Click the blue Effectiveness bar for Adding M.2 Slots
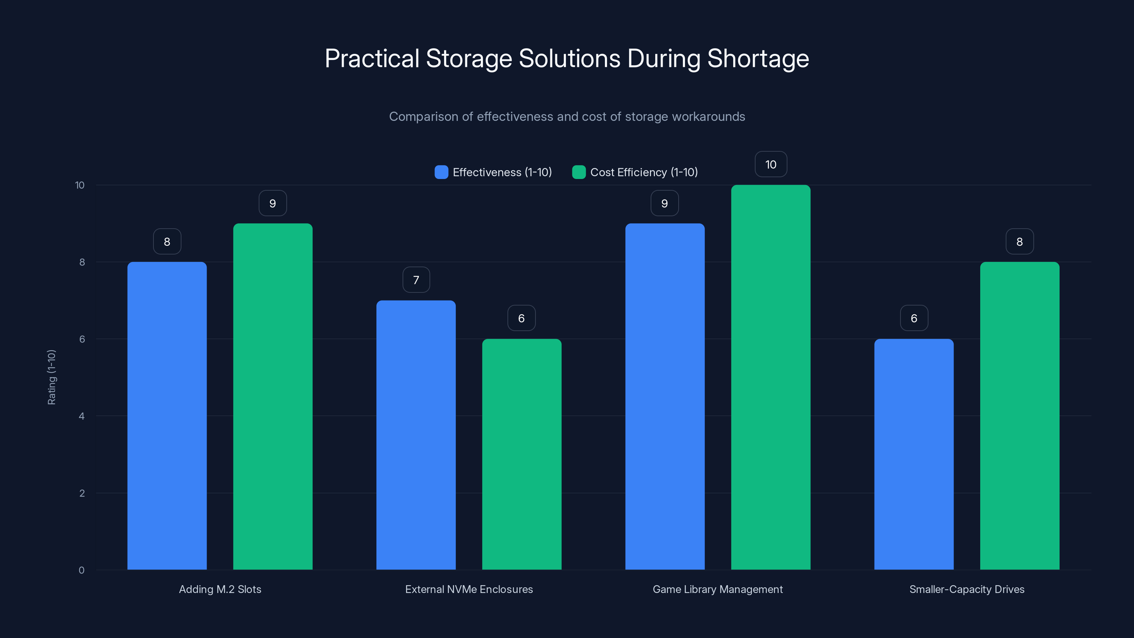click(x=167, y=416)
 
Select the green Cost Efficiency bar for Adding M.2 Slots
click(x=273, y=396)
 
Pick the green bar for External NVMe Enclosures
click(x=522, y=454)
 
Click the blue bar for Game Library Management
click(x=665, y=396)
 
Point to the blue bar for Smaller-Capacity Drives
click(x=914, y=454)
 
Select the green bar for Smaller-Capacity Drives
click(x=1020, y=416)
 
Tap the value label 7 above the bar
click(x=416, y=280)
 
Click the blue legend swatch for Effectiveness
click(x=441, y=172)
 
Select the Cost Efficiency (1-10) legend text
click(x=644, y=172)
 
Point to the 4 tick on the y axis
click(x=82, y=416)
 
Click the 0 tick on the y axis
click(x=82, y=570)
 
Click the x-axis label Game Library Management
click(x=718, y=589)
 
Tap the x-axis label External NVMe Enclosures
click(x=469, y=589)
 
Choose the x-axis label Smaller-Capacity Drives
click(x=967, y=589)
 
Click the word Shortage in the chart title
click(x=758, y=58)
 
